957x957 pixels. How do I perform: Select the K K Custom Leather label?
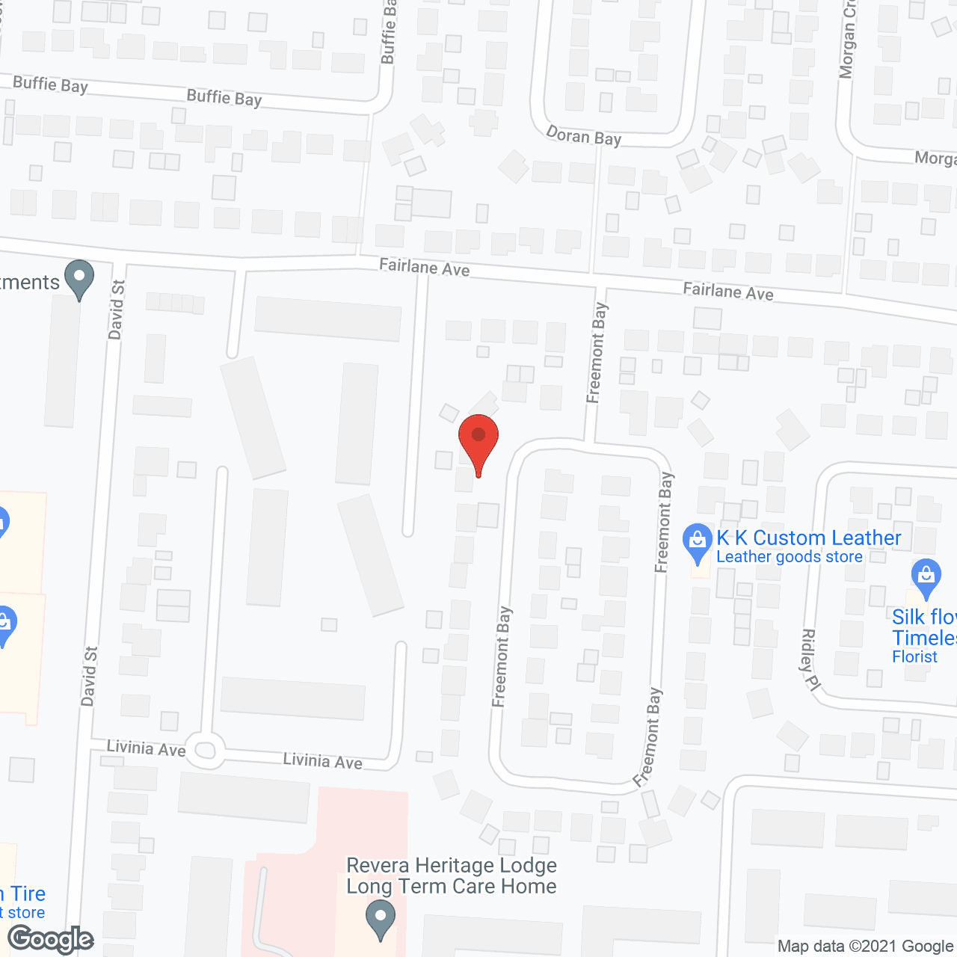pyautogui.click(x=808, y=538)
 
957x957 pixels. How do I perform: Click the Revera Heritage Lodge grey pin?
pyautogui.click(x=381, y=919)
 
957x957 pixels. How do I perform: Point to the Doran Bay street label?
pyautogui.click(x=584, y=136)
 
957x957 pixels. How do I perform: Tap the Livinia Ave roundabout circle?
pyautogui.click(x=205, y=750)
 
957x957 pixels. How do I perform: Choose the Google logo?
pyautogui.click(x=51, y=939)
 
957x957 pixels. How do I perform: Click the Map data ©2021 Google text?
pyautogui.click(x=866, y=946)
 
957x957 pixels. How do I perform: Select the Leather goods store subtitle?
pyautogui.click(x=789, y=557)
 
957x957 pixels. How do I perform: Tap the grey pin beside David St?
pyautogui.click(x=79, y=278)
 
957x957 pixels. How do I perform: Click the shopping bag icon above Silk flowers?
pyautogui.click(x=926, y=577)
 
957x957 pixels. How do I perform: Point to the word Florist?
pyautogui.click(x=914, y=656)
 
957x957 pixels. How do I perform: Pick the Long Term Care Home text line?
pyautogui.click(x=452, y=887)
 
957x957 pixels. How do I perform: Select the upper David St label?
pyautogui.click(x=117, y=310)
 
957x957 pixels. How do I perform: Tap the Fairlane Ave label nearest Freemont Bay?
pyautogui.click(x=727, y=292)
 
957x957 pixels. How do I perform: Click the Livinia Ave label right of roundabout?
pyautogui.click(x=322, y=761)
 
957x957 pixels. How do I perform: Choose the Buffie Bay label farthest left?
pyautogui.click(x=50, y=84)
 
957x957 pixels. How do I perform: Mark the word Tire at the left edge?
pyautogui.click(x=28, y=893)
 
